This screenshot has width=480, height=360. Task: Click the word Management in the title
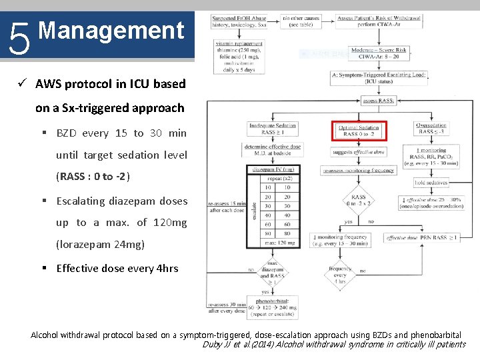point(111,31)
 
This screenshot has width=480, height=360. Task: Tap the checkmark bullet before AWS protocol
point(21,84)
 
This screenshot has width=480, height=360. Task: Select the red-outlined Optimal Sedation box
point(359,130)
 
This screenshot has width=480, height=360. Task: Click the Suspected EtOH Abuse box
point(239,21)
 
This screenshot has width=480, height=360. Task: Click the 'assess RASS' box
point(378,101)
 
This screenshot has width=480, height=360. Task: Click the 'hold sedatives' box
point(430,183)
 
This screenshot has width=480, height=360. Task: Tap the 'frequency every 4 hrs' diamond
point(339,274)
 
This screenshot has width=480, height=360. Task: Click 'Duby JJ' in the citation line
point(217,345)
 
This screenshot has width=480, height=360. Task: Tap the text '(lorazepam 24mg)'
point(100,245)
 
